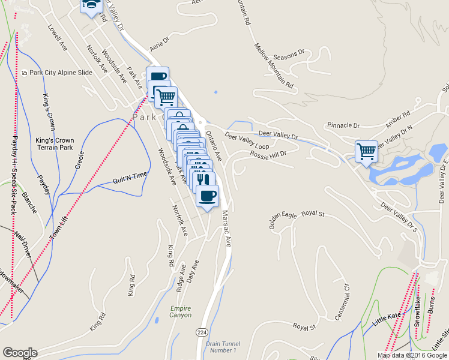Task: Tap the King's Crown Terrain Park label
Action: (x=54, y=144)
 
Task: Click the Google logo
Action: (x=20, y=353)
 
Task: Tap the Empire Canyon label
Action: (x=180, y=311)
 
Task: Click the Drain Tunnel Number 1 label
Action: (x=221, y=346)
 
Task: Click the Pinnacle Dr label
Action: (x=343, y=126)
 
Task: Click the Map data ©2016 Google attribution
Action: (x=412, y=355)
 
